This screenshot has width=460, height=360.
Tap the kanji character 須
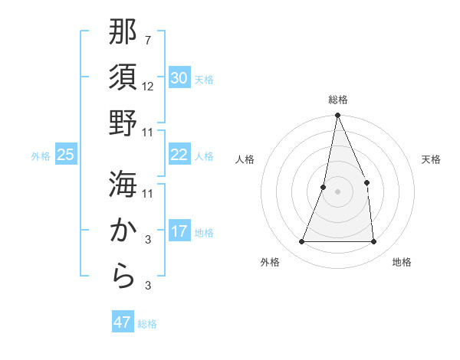tap(123, 78)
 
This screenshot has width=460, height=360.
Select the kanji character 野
tap(123, 123)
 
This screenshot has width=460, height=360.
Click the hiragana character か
tap(123, 230)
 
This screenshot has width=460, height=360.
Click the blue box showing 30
tap(179, 78)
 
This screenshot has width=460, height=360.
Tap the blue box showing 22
tap(179, 155)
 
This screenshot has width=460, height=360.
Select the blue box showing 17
tap(179, 232)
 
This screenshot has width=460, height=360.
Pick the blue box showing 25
tap(65, 155)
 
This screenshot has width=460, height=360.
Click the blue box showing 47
tap(122, 322)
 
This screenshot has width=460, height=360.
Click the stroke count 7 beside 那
tap(148, 39)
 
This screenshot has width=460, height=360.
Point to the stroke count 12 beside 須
tap(148, 86)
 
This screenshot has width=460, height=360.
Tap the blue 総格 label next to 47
tap(147, 323)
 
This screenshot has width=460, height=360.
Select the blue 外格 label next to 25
tap(41, 155)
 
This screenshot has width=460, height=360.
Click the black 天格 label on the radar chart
tap(432, 159)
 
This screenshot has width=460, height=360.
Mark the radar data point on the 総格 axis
tap(337, 116)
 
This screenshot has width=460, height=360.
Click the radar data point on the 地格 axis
tap(373, 242)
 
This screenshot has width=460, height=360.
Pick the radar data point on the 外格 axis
tap(301, 242)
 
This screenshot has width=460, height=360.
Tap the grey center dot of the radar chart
tap(337, 191)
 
